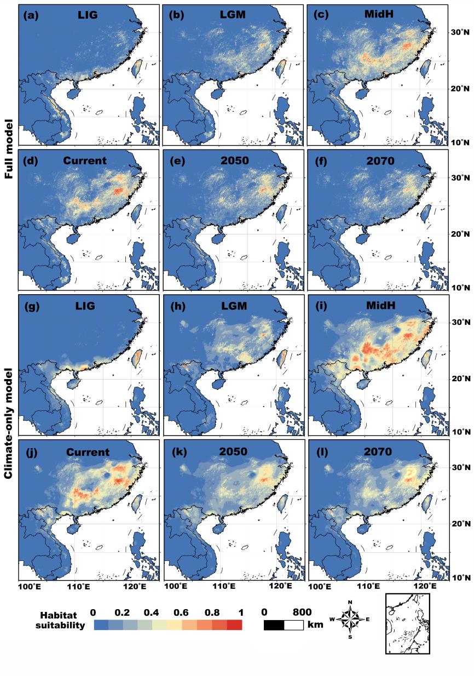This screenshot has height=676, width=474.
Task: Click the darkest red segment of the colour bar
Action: click(234, 625)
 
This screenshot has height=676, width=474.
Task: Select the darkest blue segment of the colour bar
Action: click(101, 625)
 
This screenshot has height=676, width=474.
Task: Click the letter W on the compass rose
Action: click(332, 620)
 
